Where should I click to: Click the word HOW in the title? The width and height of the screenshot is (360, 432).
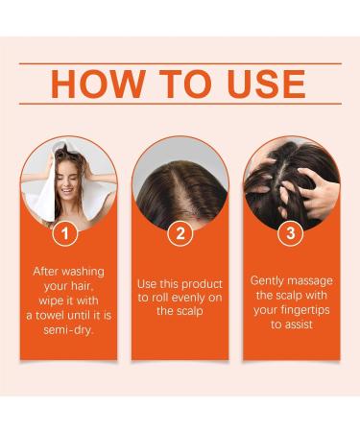click(93, 84)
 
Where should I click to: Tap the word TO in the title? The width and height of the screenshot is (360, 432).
click(180, 84)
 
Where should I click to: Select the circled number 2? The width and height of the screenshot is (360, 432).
click(180, 232)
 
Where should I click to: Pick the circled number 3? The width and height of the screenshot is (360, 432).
click(291, 232)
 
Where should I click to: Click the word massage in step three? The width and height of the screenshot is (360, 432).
click(312, 280)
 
